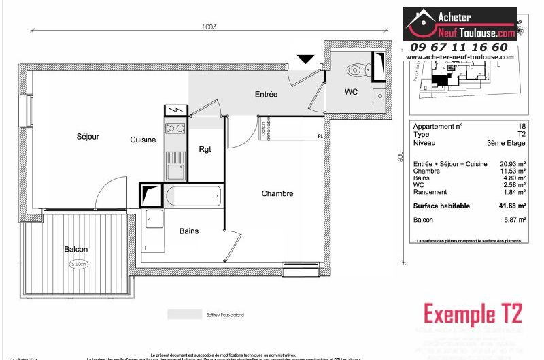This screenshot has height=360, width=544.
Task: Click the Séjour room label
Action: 88,137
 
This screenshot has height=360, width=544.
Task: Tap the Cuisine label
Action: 143,140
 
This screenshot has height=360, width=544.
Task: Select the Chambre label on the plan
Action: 277,194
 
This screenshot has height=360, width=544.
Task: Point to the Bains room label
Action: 189,231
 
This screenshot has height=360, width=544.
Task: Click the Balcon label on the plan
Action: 76,249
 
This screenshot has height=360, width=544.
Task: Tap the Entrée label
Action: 266,95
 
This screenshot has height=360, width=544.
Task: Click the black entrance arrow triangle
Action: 307,59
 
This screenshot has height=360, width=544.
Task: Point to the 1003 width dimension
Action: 209,27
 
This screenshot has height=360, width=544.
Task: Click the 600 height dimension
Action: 401,156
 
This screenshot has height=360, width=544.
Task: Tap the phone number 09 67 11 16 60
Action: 458,47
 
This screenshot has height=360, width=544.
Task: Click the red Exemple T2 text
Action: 473,314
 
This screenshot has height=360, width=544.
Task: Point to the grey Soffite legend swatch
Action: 184,314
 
